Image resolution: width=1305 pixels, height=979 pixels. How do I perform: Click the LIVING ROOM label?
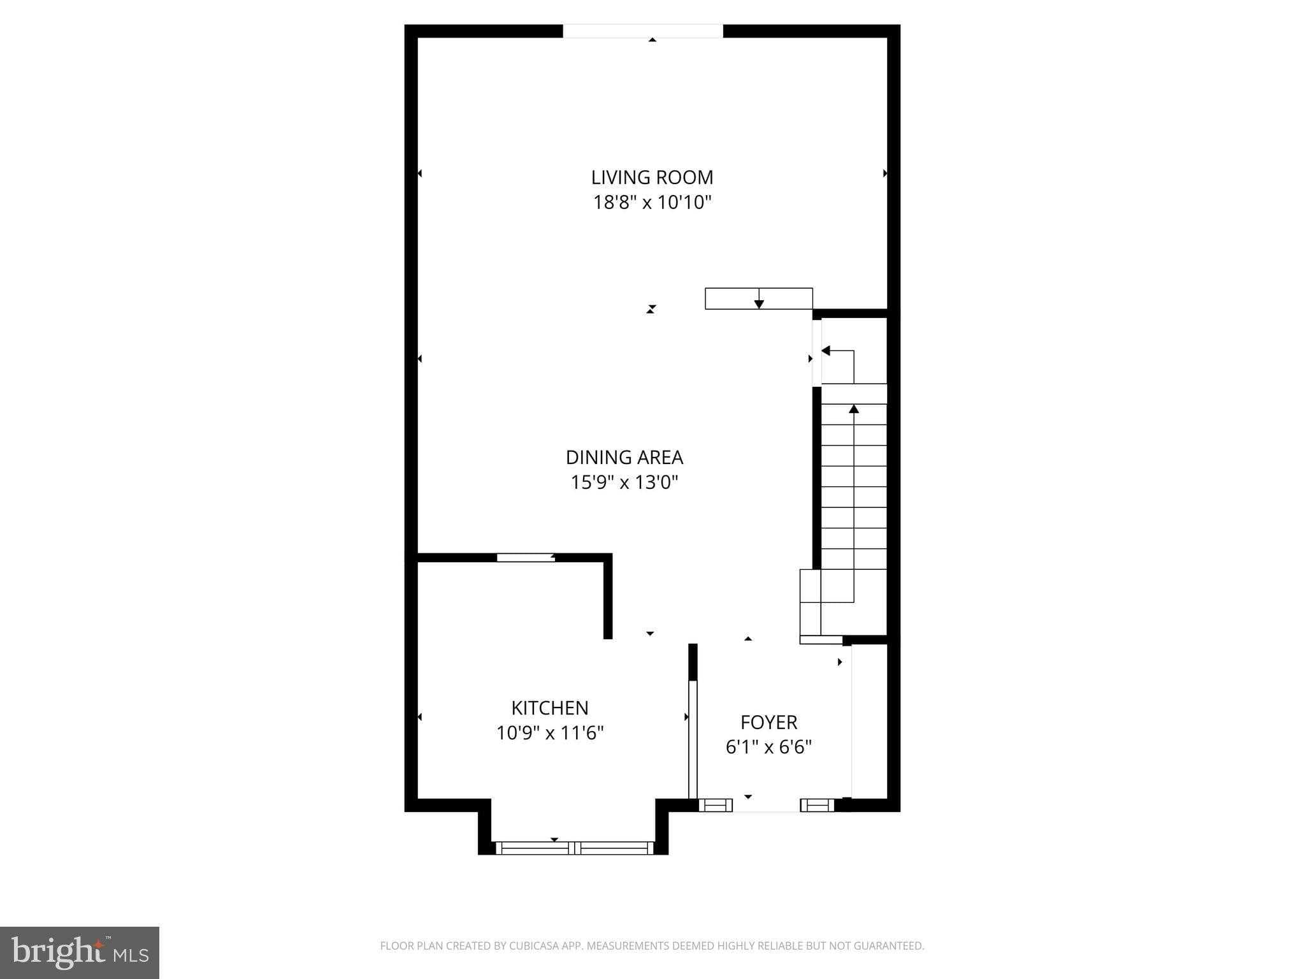coord(652,177)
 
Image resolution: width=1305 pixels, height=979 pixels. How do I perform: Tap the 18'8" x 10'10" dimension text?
coord(652,203)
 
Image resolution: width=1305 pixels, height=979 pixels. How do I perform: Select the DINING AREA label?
coord(624,458)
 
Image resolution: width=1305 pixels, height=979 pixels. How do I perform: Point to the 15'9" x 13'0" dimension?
coord(624,482)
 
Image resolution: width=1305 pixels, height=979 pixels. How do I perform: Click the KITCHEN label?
coord(549,708)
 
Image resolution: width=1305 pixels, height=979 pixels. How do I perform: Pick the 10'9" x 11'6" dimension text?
coord(549,733)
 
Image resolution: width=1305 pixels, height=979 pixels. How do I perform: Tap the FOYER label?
coord(768,722)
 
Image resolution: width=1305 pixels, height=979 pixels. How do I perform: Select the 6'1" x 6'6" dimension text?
coord(768,747)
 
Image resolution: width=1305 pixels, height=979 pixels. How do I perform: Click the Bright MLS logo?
coord(79,952)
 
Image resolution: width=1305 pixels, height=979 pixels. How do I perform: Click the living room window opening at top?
coord(642,31)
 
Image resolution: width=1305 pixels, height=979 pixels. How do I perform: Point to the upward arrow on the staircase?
coord(854,409)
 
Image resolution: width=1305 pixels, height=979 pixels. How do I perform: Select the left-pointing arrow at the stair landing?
coord(826,351)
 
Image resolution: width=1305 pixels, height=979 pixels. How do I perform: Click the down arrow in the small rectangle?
coord(759,304)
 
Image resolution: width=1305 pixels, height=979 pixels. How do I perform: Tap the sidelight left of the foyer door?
coord(715,805)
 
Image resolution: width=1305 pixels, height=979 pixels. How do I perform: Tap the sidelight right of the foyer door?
coord(817,805)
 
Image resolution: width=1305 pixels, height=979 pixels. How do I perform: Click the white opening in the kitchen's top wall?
coord(525,558)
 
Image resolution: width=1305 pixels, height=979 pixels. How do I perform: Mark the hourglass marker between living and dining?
coord(651,309)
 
